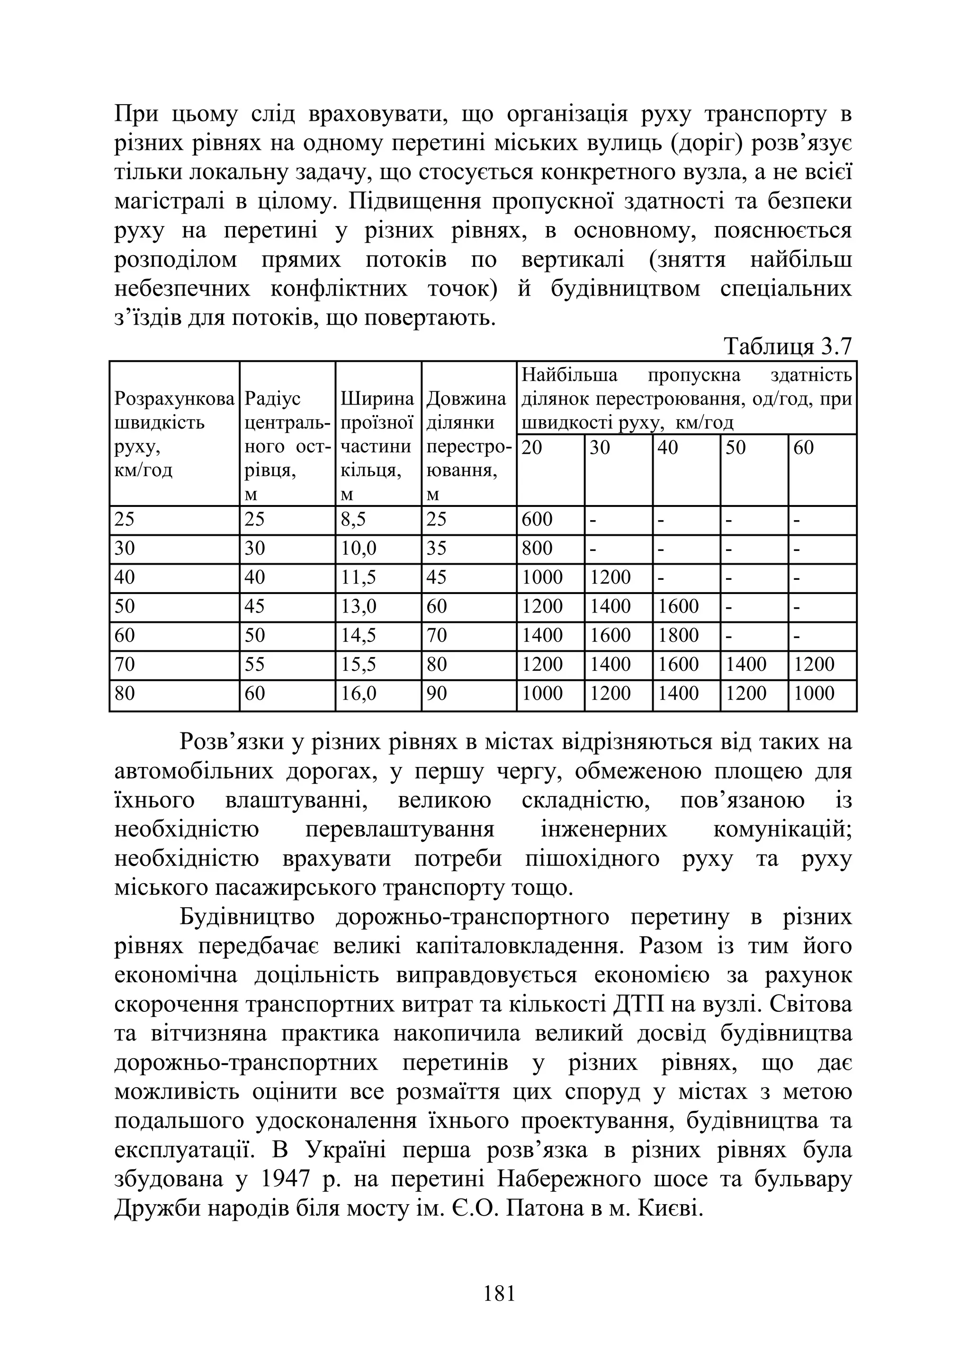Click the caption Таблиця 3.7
pos(787,346)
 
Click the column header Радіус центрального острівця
pos(287,434)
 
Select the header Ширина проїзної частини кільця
pos(377,434)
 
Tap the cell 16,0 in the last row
pos(359,693)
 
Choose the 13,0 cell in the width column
pos(359,606)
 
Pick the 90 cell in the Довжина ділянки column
pos(437,693)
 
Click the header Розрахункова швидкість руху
pos(174,434)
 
